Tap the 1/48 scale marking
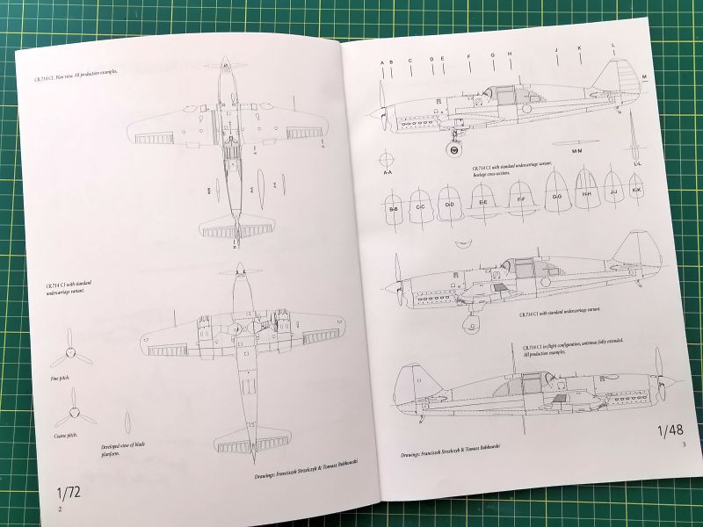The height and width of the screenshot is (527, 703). click(x=669, y=431)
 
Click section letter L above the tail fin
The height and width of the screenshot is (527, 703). click(x=612, y=46)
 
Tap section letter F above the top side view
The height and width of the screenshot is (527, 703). click(x=469, y=56)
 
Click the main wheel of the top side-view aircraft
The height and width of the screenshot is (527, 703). click(x=453, y=150)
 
